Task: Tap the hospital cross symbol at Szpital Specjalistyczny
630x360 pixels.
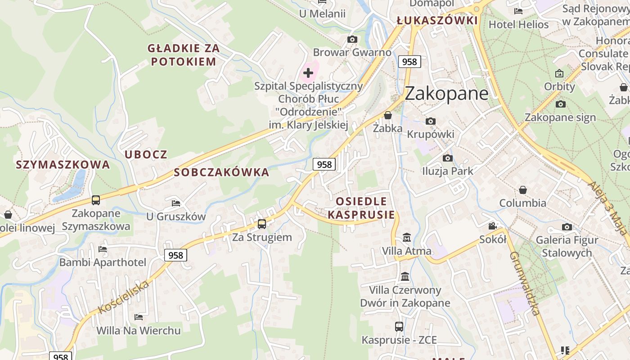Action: point(308,72)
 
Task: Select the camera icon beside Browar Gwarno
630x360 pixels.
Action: point(352,40)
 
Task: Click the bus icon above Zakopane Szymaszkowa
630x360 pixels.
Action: point(96,200)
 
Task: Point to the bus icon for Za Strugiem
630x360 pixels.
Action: point(262,224)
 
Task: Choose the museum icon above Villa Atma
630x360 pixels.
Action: point(407,237)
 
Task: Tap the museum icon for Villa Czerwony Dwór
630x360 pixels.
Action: point(405,276)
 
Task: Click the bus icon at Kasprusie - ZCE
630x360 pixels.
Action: point(399,327)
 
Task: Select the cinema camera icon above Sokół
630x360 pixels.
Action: point(493,226)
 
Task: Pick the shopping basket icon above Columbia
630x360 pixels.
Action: point(523,190)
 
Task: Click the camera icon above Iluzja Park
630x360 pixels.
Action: point(447,158)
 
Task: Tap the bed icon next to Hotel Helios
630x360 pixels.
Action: point(518,11)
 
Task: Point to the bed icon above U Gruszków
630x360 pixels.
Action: point(176,203)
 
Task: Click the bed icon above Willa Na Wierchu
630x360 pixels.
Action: point(139,317)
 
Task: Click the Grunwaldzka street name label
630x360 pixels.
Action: point(524,283)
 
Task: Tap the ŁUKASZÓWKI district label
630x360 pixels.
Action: point(436,21)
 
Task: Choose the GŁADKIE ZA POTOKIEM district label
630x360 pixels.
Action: point(184,55)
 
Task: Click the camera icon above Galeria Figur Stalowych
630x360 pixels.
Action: point(567,227)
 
